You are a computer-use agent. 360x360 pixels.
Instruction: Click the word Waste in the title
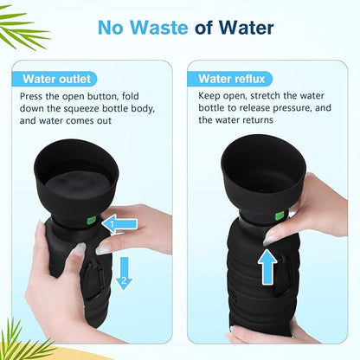159,28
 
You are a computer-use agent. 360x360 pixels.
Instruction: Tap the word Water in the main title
246,28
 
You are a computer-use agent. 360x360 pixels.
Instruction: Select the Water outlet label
57,79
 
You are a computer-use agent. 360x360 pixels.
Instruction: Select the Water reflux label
231,79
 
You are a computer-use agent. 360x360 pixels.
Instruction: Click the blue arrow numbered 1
119,223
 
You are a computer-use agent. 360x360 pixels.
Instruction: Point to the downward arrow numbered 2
124,273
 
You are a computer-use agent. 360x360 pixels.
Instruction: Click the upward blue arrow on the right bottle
267,267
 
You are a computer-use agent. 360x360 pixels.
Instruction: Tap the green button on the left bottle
91,222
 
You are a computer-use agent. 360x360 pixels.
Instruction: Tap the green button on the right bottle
280,215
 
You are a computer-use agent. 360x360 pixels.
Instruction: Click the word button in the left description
103,96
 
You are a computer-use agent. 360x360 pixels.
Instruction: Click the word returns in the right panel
258,120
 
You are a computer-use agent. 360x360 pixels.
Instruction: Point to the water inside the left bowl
76,184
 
